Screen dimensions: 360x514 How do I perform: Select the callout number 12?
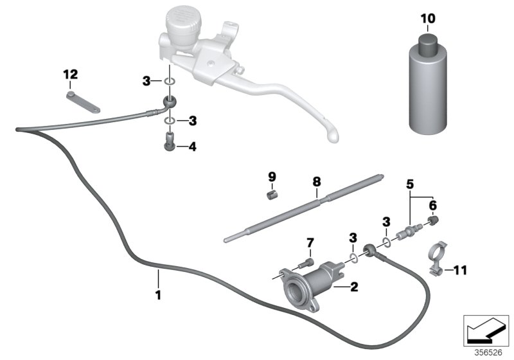pos(69,75)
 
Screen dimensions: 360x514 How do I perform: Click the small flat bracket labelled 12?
pos(83,102)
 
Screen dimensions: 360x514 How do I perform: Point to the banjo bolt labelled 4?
pos(169,139)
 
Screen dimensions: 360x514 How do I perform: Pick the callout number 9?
pos(271,176)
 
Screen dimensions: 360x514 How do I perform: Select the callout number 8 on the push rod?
pos(316,182)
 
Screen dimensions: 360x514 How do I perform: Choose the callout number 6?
pos(432,204)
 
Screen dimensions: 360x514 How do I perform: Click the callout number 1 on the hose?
pos(157,296)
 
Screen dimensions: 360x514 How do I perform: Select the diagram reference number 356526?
pos(488,352)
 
